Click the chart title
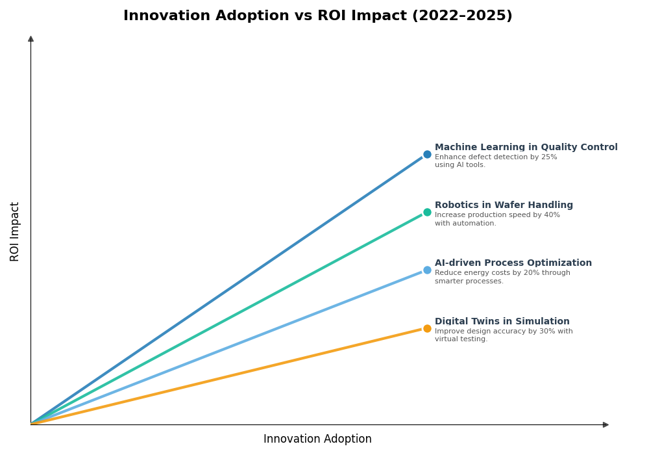[317, 16]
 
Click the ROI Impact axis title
[15, 231]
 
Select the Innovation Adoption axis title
[317, 439]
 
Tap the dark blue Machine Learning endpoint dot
[427, 155]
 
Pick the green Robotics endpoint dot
[427, 213]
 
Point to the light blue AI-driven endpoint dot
[427, 270]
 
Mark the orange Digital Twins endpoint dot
[427, 329]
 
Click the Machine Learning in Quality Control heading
[526, 148]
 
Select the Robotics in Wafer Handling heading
[504, 205]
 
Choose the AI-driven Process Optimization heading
[513, 263]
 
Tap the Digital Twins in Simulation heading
[502, 322]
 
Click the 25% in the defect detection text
[549, 157]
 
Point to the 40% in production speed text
[552, 215]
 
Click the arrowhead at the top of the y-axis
[31, 39]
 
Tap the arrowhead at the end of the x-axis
[606, 425]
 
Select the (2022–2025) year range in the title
[462, 16]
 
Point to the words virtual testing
[460, 339]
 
